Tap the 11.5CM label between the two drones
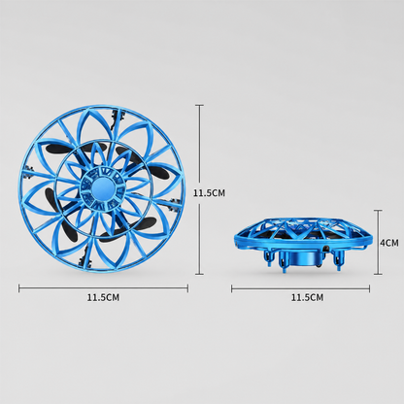[x=209, y=193]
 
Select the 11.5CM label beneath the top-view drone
[x=103, y=297]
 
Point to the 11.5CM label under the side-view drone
[x=307, y=297]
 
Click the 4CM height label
[x=389, y=243]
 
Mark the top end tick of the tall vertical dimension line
[x=199, y=105]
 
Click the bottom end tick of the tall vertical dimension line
[x=199, y=275]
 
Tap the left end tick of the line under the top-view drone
[x=19, y=288]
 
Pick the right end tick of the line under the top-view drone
[x=187, y=288]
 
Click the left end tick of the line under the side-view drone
[x=232, y=288]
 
